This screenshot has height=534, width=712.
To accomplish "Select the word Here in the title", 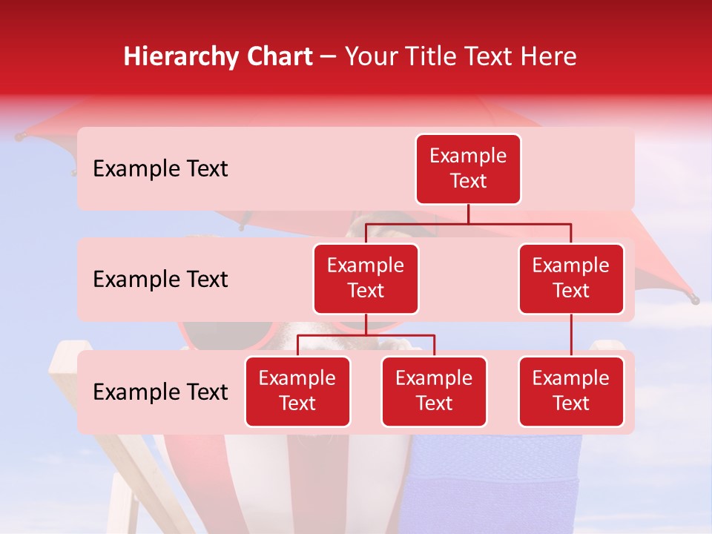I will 549,56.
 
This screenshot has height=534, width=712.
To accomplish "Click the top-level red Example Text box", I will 468,169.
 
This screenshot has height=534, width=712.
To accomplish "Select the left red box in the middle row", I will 366,279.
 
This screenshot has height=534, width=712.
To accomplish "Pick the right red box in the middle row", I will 571,279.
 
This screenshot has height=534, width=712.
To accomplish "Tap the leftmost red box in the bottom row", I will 297,392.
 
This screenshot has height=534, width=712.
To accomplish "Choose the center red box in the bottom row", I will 434,392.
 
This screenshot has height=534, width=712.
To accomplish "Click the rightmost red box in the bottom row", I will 571,392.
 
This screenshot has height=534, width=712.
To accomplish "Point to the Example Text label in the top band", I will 160,169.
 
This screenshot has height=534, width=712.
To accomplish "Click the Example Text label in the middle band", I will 160,280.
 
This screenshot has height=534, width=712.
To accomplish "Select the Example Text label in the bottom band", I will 160,392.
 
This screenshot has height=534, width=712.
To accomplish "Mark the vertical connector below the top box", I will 468,214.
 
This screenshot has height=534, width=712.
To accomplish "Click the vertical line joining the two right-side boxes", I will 571,335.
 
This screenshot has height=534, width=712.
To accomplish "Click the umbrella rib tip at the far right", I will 695,300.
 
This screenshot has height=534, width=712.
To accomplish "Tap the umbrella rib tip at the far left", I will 19,137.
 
